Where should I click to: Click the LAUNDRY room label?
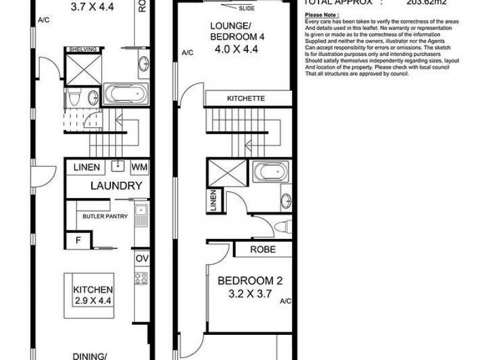[116, 186]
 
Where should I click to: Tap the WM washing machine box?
[138, 166]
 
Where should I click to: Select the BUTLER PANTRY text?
[105, 217]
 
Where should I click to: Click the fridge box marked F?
[78, 242]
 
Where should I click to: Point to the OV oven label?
[142, 259]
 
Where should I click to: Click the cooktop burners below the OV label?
[142, 278]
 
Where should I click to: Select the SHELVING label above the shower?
[83, 50]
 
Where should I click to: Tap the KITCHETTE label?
[245, 98]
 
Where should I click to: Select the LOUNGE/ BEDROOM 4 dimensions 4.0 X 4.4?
[238, 52]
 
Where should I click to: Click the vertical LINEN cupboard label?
[213, 202]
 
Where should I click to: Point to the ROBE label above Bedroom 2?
[263, 250]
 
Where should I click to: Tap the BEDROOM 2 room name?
[249, 281]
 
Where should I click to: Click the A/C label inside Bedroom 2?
[286, 302]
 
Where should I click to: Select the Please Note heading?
[322, 14]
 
